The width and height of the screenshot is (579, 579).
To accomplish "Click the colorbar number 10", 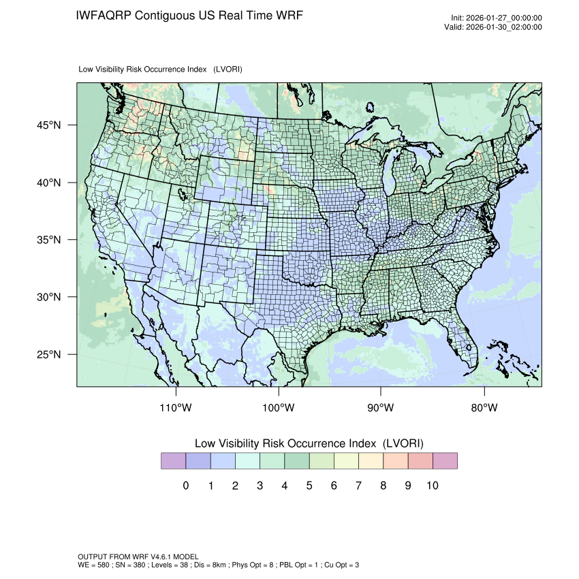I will point(432,486).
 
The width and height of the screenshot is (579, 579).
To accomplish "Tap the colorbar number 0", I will point(185,486).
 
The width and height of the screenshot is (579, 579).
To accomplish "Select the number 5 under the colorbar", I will point(309,486).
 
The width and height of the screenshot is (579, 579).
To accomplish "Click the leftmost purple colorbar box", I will point(173,461).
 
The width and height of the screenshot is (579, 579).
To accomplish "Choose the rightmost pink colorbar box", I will point(445,461).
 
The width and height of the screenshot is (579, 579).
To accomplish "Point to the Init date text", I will point(497,18).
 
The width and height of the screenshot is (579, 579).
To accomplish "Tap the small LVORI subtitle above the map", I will point(161,69).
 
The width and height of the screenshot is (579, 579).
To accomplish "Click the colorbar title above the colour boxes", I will point(309,443).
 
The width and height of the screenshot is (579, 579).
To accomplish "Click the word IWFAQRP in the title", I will point(104,15).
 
